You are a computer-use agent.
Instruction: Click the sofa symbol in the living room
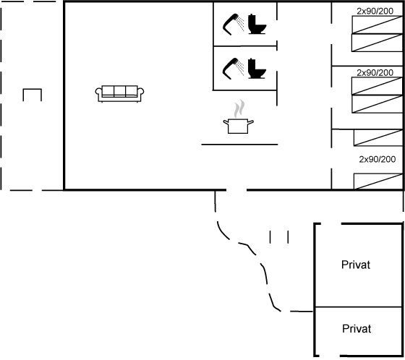click(119, 94)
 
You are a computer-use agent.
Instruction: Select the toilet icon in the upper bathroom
click(257, 25)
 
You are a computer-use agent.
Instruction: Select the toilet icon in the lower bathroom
click(257, 69)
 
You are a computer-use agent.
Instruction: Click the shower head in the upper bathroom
click(233, 25)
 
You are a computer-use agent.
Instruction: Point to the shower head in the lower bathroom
click(233, 69)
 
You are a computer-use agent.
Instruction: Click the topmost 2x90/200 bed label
click(375, 11)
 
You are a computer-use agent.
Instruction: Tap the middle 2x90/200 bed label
click(375, 73)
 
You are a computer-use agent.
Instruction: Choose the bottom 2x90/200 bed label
click(378, 159)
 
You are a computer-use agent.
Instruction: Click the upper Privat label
click(356, 265)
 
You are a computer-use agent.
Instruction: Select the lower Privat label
click(357, 329)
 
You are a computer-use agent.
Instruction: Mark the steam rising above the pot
click(239, 108)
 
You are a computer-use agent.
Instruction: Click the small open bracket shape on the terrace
click(33, 90)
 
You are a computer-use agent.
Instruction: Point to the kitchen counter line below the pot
click(239, 145)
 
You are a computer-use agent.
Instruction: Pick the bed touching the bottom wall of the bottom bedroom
click(378, 181)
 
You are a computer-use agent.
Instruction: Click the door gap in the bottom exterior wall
click(236, 190)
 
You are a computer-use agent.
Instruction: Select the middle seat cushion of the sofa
click(119, 90)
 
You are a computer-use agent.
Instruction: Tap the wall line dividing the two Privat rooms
click(359, 307)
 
